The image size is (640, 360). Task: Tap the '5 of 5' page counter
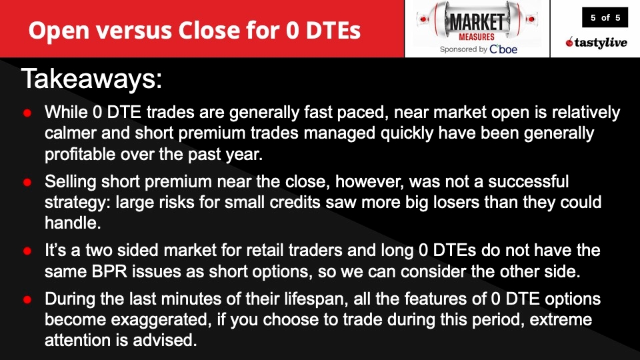[x=605, y=18]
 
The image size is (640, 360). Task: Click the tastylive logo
[x=595, y=43]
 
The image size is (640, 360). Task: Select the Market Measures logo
[x=477, y=24]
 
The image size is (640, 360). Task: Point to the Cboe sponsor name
[x=503, y=49]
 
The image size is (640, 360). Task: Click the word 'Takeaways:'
[x=92, y=79]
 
